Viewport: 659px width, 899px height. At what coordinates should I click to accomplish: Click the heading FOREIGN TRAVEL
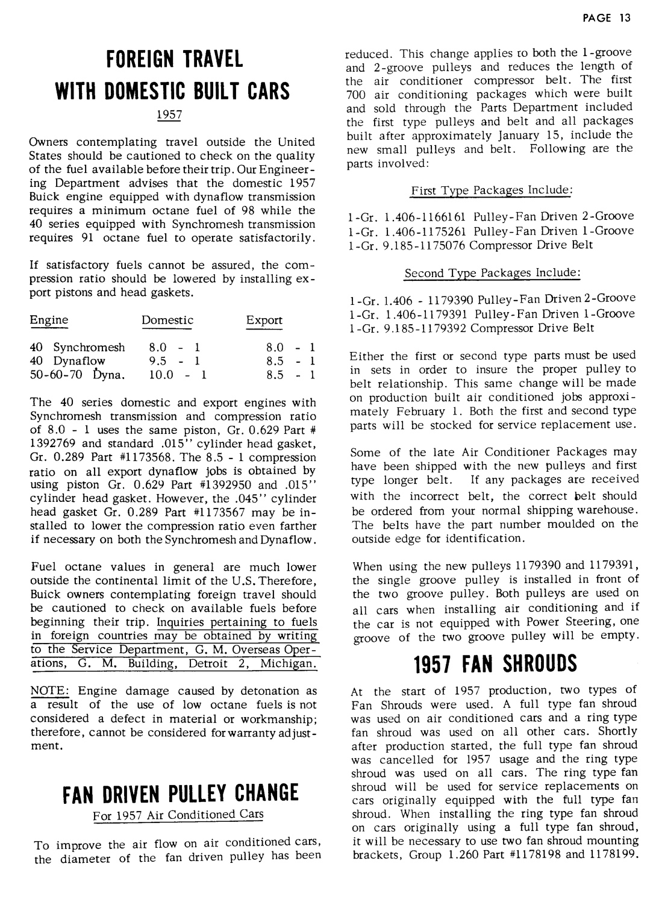pyautogui.click(x=174, y=60)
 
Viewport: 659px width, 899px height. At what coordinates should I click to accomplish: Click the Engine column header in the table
pyautogui.click(x=49, y=321)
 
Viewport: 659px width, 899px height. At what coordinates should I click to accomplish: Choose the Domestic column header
pyautogui.click(x=167, y=321)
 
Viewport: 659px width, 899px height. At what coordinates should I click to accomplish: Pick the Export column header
pyautogui.click(x=264, y=321)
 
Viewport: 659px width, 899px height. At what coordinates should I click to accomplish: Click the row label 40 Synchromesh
pyautogui.click(x=78, y=348)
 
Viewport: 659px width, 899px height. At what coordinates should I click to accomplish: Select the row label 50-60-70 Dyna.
pyautogui.click(x=78, y=375)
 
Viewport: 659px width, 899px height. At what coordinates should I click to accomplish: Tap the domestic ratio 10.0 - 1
pyautogui.click(x=177, y=375)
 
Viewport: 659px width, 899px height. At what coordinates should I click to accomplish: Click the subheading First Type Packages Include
pyautogui.click(x=491, y=190)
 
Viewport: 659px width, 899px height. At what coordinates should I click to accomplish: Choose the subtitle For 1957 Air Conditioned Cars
pyautogui.click(x=178, y=815)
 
